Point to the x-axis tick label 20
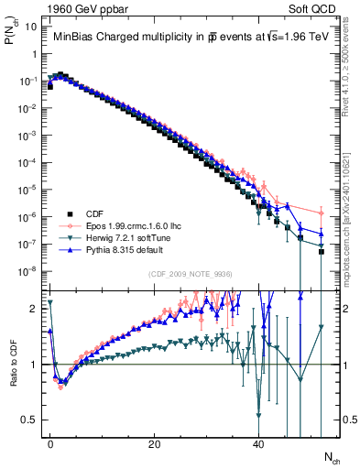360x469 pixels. (x=155, y=442)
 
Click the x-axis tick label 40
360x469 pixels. (x=258, y=442)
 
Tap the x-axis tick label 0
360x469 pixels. (x=50, y=442)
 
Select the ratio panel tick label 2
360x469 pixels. (x=32, y=310)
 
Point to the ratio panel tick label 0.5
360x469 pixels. (x=28, y=420)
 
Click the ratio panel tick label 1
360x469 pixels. (x=32, y=365)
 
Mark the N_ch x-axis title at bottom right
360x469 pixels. (x=332, y=456)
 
